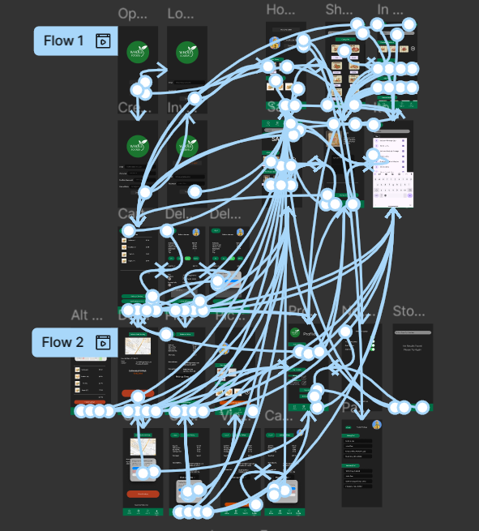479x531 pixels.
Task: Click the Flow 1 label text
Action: pos(63,41)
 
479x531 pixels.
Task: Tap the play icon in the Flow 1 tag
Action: pos(103,41)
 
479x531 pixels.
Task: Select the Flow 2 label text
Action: pos(62,342)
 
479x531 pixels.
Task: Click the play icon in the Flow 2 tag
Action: pos(103,342)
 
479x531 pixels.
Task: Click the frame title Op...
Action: pos(133,14)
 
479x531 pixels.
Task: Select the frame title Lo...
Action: pos(180,14)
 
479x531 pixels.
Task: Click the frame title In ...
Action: pos(390,10)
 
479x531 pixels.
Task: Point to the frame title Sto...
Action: pos(408,311)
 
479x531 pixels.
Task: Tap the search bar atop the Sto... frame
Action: pos(413,332)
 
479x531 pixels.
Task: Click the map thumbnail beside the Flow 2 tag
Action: pos(138,347)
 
